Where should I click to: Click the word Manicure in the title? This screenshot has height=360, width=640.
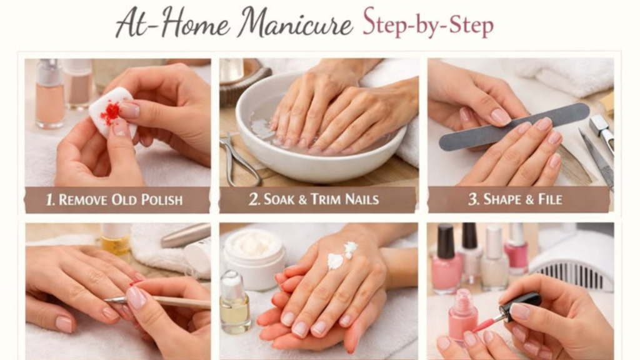[295, 23]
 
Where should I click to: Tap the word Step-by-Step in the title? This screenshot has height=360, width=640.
[428, 23]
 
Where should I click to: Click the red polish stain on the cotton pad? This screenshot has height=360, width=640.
[110, 113]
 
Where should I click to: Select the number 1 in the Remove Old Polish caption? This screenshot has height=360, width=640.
[50, 199]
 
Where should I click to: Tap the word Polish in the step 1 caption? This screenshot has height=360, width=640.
[162, 199]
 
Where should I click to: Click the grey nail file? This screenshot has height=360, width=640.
[514, 126]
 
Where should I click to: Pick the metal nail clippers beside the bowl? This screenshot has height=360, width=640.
[238, 159]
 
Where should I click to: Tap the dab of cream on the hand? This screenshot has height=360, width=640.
[342, 256]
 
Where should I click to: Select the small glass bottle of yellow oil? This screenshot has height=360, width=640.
[235, 302]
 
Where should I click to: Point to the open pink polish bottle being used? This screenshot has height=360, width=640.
[463, 315]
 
